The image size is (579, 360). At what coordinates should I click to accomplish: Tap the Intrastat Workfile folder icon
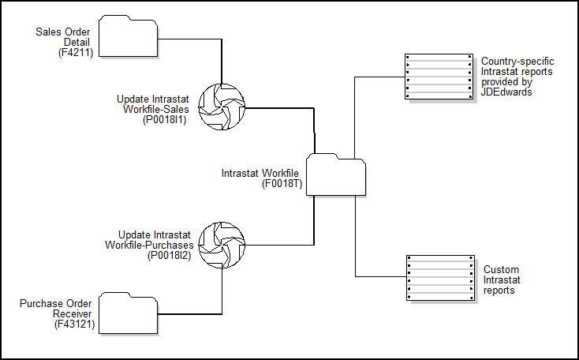tap(335, 174)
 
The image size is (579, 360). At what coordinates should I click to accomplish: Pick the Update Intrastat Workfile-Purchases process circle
tap(221, 245)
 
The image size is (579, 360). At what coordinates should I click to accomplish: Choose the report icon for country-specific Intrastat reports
tap(438, 77)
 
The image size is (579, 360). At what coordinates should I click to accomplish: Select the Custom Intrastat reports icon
tap(439, 278)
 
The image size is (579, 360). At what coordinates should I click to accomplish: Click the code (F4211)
tap(76, 53)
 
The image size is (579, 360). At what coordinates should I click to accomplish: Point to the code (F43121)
tap(73, 324)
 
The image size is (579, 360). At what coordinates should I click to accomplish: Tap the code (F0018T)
tap(282, 185)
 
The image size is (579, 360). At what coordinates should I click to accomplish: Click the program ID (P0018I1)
tap(165, 120)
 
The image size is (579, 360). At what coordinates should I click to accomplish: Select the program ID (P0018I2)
tap(169, 255)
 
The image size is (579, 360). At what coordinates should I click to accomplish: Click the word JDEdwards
tap(505, 92)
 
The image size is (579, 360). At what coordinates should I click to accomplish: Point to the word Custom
tap(501, 270)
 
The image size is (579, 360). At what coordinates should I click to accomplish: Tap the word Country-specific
tap(517, 61)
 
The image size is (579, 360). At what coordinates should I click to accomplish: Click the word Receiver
tap(74, 313)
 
